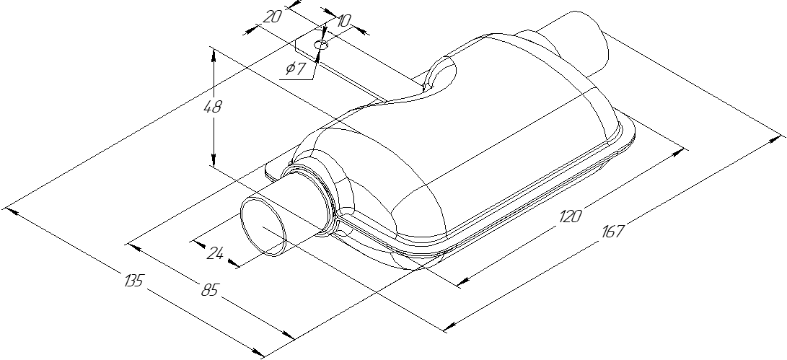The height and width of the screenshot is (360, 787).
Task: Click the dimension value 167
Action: point(612,232)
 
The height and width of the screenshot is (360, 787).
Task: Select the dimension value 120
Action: point(570,216)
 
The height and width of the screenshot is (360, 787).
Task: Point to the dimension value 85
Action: point(209,290)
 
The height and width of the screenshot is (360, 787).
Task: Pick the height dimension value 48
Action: point(214,107)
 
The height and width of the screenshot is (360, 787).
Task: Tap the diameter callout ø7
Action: point(296,69)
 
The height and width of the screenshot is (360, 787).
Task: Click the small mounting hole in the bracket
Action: point(322,45)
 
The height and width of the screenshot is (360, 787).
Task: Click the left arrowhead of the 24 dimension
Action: point(195,241)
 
